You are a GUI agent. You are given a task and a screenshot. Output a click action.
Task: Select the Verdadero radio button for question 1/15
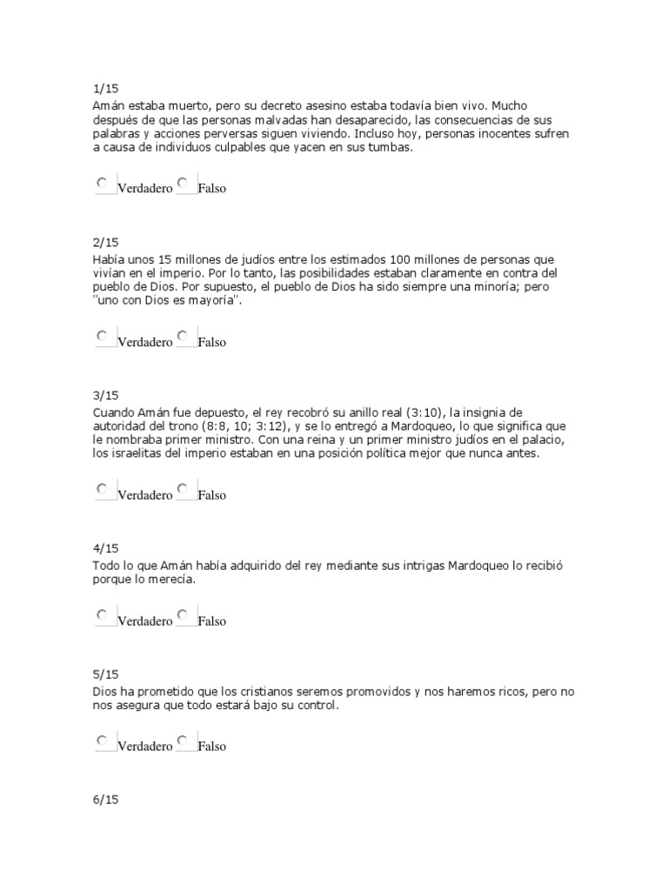(102, 183)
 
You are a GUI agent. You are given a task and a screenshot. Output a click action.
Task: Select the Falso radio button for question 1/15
(183, 183)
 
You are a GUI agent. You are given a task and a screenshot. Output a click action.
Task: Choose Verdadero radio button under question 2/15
(102, 335)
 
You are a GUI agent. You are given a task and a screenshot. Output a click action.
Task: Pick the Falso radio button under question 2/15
(183, 335)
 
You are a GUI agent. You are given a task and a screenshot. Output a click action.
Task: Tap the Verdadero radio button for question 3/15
(102, 488)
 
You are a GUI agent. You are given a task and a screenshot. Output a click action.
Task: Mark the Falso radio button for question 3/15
(183, 488)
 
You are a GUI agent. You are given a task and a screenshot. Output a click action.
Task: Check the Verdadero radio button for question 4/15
(102, 614)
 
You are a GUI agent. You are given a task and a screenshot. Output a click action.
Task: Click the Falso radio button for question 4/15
(183, 614)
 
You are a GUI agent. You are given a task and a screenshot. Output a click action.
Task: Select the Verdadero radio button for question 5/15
(102, 740)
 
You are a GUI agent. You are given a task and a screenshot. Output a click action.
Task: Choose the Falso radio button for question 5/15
(183, 740)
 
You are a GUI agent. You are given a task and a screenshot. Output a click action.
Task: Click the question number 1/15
(105, 90)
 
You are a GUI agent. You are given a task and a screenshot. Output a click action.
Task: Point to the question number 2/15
(105, 242)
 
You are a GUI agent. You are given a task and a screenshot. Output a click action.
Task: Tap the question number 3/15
(105, 395)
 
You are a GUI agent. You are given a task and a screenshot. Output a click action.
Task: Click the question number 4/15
(105, 548)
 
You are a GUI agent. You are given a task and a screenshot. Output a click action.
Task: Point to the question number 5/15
(105, 674)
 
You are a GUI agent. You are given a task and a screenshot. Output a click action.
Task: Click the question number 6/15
(105, 801)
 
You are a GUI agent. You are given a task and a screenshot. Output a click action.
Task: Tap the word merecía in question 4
(172, 579)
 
